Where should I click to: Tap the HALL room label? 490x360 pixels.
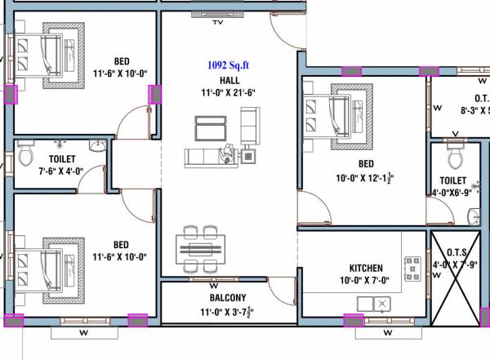(x=229, y=80)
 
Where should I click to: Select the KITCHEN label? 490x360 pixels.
(x=366, y=269)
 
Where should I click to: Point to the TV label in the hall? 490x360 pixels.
(x=217, y=23)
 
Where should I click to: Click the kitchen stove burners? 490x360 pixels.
(x=411, y=268)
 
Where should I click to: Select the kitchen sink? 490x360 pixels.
(x=373, y=304)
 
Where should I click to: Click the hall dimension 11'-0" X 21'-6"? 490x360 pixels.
(x=229, y=92)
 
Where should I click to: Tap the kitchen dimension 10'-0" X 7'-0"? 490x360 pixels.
(x=366, y=281)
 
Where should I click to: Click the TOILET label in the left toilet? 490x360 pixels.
(x=62, y=159)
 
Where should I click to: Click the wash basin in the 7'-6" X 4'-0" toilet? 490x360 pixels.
(x=97, y=147)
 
